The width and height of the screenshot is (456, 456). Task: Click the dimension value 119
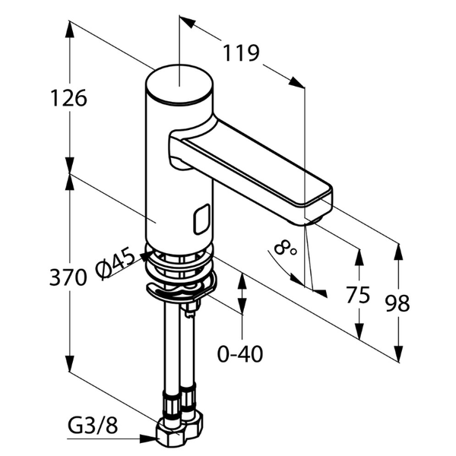click(x=241, y=53)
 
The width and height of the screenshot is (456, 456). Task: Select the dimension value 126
click(x=69, y=98)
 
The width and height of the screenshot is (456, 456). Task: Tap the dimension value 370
click(x=68, y=278)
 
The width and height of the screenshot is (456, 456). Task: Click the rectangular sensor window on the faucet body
click(x=201, y=220)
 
